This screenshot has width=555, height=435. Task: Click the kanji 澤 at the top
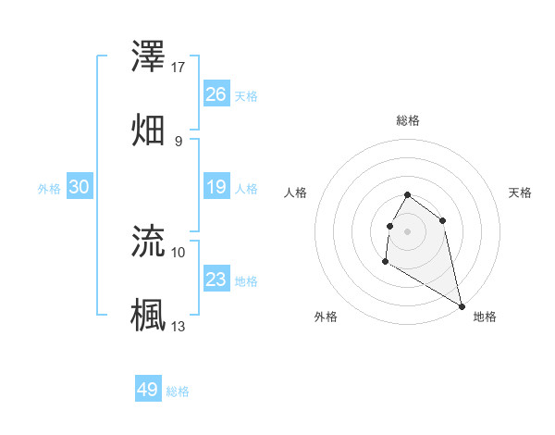[149, 59]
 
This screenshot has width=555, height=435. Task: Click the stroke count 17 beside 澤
[179, 68]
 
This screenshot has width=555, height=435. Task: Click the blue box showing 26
[216, 93]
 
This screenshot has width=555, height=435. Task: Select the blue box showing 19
[216, 187]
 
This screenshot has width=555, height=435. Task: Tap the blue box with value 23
[216, 280]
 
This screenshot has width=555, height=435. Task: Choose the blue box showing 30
[80, 187]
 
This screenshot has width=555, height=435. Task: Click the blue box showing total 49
[148, 390]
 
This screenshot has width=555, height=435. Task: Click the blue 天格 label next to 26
[246, 95]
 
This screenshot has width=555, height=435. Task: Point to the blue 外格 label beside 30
[49, 189]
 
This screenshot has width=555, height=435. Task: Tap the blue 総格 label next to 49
[178, 391]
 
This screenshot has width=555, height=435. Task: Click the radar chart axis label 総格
[408, 120]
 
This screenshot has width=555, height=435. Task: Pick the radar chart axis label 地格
[485, 317]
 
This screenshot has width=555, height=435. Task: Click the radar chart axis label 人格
[296, 193]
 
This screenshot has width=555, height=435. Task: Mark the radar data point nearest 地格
[462, 306]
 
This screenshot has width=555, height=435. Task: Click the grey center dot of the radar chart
[407, 230]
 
